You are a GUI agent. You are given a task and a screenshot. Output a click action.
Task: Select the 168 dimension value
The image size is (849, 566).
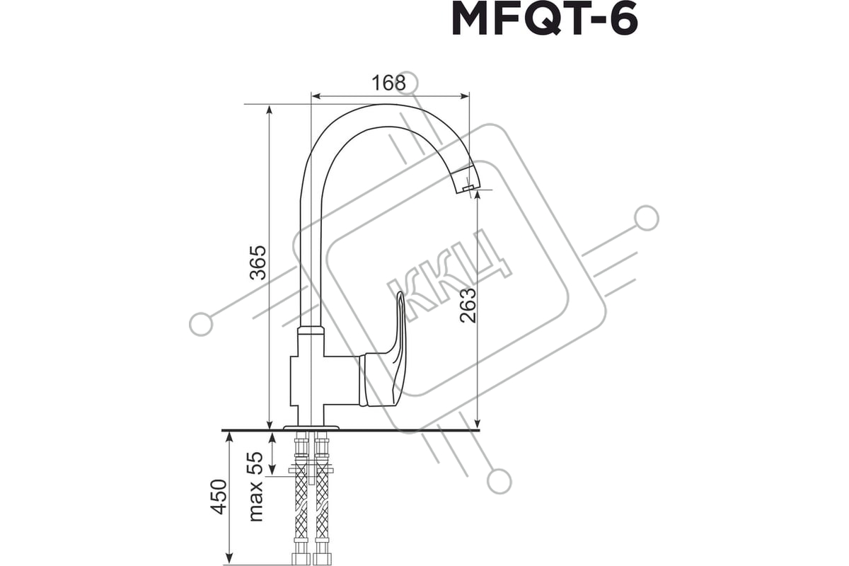pos(388,83)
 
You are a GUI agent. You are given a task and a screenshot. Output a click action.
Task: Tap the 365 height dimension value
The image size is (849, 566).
pos(258,263)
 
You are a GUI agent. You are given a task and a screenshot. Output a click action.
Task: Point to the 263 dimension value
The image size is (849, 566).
pos(468,305)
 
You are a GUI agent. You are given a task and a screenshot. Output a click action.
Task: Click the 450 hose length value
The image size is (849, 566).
pos(219,497)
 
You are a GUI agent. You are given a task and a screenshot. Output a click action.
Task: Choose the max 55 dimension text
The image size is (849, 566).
pos(256,486)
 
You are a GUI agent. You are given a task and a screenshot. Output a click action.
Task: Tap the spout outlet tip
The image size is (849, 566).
pos(468,187)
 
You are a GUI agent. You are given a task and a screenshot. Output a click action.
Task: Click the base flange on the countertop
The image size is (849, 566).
pos(311,427)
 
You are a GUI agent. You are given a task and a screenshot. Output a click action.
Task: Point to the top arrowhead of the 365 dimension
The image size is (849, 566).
pos(270,110)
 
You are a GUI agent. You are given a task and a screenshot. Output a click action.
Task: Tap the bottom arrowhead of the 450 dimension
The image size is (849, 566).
pos(229,559)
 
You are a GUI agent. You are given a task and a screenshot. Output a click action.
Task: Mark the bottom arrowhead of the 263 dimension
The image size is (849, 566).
pos(478,422)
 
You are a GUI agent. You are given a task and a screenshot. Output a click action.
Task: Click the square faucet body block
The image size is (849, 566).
pos(325,380)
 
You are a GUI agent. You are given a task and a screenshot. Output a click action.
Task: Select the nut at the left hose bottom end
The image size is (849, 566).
pos(301,559)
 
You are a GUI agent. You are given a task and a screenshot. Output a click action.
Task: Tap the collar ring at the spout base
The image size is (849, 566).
pos(311,330)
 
